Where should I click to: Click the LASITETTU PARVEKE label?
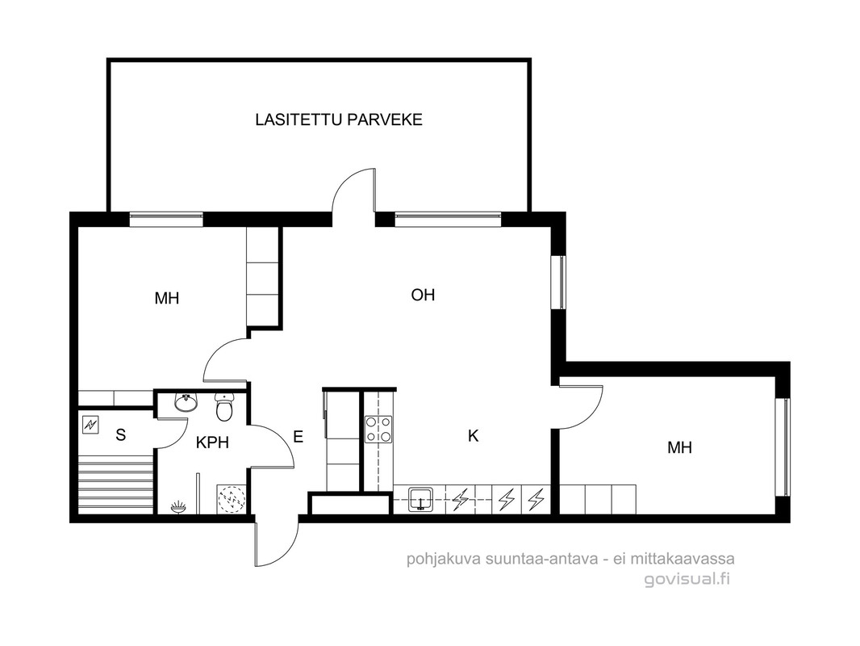point(339,120)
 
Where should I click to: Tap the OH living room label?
point(423,296)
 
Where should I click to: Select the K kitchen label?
point(473,436)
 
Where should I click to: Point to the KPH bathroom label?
point(212,443)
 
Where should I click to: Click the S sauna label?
point(121,434)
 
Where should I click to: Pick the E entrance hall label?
point(298,437)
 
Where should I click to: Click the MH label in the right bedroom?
point(679,447)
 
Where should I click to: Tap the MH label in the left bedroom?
point(167,298)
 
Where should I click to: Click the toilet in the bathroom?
point(223,407)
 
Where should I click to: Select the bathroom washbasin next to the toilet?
point(186,402)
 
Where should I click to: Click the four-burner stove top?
point(379,430)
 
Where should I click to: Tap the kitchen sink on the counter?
point(420,499)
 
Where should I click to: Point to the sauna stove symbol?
point(90,425)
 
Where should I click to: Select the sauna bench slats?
point(115,485)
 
